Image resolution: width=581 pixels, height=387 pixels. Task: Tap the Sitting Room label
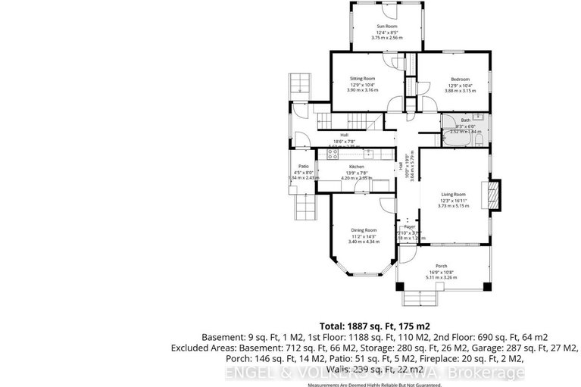click(x=362, y=79)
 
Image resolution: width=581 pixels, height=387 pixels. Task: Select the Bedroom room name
click(x=460, y=79)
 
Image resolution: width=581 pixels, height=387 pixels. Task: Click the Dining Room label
click(x=363, y=230)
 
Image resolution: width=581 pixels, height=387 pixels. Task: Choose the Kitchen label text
click(x=356, y=167)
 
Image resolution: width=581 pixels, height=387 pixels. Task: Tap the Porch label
click(x=443, y=267)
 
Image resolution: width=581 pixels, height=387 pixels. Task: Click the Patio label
click(x=303, y=167)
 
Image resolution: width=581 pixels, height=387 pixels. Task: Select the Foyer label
click(x=410, y=226)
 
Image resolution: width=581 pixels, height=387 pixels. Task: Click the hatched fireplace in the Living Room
click(x=495, y=194)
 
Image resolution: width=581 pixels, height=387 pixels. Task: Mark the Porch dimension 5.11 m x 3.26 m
click(x=443, y=278)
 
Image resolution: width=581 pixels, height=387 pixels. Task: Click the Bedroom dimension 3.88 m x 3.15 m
click(x=460, y=90)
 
